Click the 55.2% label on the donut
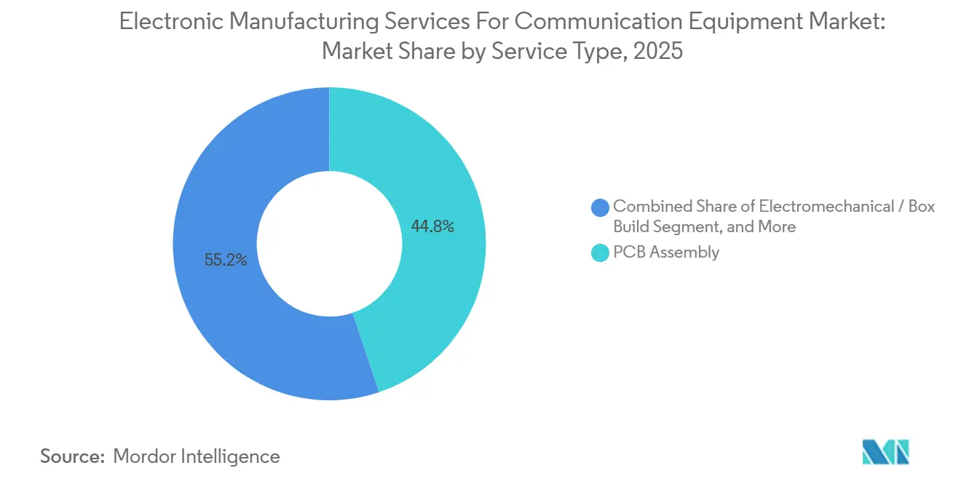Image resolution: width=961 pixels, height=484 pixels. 226,260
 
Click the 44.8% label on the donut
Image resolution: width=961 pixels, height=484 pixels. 432,227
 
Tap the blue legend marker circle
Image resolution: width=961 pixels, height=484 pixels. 600,207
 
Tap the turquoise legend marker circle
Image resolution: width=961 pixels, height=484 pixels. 600,253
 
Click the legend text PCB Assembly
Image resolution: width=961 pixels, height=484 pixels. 666,253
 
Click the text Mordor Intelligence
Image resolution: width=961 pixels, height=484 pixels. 197,456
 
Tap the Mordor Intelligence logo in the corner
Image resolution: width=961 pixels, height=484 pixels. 885,451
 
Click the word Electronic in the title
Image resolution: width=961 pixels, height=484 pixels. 172,22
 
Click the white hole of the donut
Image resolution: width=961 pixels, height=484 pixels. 329,244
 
